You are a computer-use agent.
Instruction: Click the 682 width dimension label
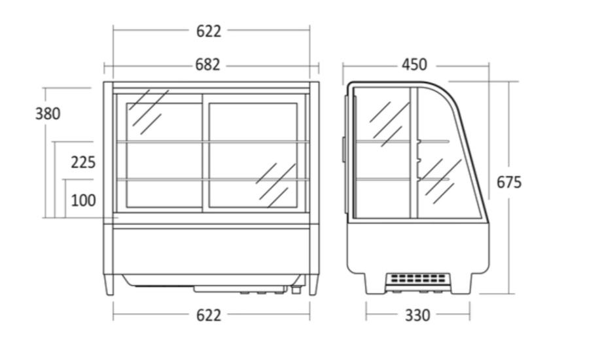(x=207, y=65)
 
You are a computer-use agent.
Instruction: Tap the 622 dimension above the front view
(x=209, y=31)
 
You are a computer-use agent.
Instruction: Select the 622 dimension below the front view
(x=209, y=315)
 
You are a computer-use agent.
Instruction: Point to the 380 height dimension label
(x=48, y=114)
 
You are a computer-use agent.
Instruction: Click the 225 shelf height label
(x=83, y=162)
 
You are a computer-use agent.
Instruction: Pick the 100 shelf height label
(x=83, y=200)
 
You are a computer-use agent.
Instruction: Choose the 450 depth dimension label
(x=414, y=65)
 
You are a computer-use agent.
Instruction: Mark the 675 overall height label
(x=509, y=182)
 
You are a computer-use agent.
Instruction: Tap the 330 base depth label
(x=417, y=315)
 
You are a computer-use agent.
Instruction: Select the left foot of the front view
(x=109, y=285)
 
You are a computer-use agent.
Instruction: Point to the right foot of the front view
(x=313, y=285)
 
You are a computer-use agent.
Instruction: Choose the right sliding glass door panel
(x=254, y=155)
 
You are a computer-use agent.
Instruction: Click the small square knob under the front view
(x=296, y=289)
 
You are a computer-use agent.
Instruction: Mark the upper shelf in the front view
(x=213, y=142)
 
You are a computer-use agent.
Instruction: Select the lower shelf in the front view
(x=213, y=179)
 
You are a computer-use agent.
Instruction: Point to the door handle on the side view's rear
(x=344, y=149)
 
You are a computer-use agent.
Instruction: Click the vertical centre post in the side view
(x=414, y=153)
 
